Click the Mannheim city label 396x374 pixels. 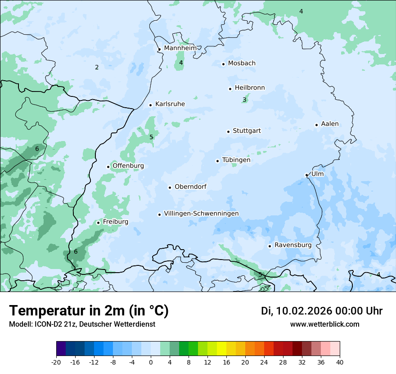180,48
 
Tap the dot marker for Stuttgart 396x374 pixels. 228,132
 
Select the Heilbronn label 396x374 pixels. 250,88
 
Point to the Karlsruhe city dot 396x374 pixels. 151,105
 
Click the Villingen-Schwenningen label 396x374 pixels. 201,214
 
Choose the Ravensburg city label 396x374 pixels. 292,245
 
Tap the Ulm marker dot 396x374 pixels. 306,175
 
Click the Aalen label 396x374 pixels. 330,124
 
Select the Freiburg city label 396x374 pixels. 115,222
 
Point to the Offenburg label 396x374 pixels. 128,166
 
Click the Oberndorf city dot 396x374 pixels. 170,187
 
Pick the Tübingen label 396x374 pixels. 236,160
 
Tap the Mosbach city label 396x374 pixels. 242,64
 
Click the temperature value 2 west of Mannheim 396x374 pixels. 97,68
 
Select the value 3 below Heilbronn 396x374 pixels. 244,100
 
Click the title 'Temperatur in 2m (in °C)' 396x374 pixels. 89,311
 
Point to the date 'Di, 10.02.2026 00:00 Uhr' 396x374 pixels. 322,311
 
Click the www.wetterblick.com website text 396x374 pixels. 324,324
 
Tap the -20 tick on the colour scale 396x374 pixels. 56,362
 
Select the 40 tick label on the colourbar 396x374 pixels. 340,362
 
